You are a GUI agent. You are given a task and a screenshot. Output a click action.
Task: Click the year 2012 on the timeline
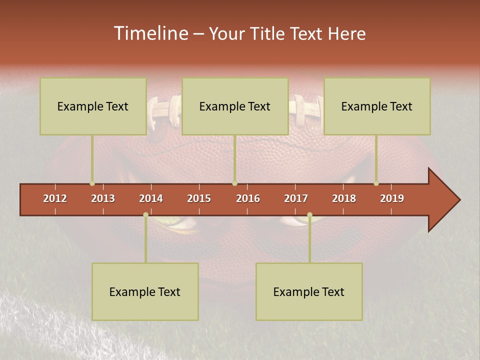55,198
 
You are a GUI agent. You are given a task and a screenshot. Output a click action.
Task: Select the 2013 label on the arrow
103,198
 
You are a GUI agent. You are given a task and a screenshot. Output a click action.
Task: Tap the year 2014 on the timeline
151,198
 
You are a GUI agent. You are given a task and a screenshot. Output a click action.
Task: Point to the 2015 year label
199,198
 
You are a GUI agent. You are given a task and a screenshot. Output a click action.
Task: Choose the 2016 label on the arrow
248,198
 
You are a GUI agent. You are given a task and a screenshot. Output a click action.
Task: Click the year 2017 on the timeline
296,198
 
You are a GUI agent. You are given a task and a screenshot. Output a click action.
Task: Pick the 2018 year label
344,198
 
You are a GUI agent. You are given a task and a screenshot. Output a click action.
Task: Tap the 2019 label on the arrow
392,198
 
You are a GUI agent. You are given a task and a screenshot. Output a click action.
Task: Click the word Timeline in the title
150,33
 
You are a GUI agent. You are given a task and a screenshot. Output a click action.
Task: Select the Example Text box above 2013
93,106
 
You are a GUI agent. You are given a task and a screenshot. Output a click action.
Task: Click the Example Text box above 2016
235,106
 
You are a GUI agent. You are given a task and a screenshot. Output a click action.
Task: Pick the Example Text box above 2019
377,106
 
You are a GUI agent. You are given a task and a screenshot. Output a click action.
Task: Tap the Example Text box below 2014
145,291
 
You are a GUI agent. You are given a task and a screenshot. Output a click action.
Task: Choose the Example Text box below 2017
309,291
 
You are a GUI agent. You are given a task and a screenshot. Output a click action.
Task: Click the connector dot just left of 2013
92,183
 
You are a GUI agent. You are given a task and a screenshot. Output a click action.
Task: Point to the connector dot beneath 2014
145,215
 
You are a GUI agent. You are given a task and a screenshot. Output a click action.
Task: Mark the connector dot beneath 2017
309,215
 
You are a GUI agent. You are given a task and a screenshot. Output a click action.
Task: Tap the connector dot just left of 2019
376,183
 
